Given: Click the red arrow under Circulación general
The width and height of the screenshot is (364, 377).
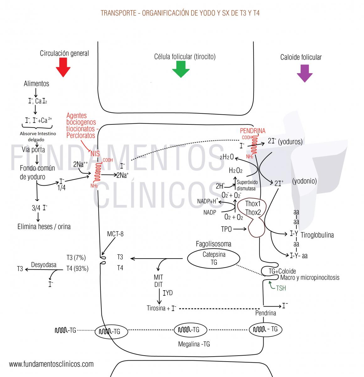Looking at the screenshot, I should (x=63, y=67).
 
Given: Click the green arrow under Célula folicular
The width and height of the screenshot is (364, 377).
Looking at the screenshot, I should (x=181, y=69).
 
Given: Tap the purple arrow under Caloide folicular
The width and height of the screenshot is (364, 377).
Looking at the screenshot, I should (x=304, y=73).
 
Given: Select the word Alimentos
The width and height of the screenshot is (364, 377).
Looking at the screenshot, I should (x=36, y=84).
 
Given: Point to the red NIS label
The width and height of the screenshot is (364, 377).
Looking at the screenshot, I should (x=95, y=154).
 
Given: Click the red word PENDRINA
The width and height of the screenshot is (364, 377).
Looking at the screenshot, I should (x=253, y=131).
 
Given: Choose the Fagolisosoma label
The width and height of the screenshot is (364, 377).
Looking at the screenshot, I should (x=213, y=244).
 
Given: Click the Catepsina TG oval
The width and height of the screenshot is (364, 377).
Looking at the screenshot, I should (x=214, y=258).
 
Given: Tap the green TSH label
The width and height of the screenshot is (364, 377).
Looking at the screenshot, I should (x=281, y=288).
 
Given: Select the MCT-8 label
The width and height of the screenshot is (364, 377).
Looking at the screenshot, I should (x=115, y=234).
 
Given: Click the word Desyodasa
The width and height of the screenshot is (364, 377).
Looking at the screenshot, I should (x=44, y=265).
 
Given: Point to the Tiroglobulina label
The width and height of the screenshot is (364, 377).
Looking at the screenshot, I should (x=317, y=235).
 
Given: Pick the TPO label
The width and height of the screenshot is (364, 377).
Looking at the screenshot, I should (x=226, y=229).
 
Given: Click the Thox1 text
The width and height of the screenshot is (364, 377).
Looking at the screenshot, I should (x=253, y=204).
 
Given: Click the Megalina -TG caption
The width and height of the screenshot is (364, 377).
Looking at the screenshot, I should (x=194, y=344).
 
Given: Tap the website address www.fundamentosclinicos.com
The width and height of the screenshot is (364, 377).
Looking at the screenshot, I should (x=51, y=364).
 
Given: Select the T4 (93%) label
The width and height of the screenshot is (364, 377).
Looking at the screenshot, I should (x=77, y=269).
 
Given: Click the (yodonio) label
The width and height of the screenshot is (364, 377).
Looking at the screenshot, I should (x=304, y=181).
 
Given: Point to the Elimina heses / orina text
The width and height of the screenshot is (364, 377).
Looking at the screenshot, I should (x=44, y=226).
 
